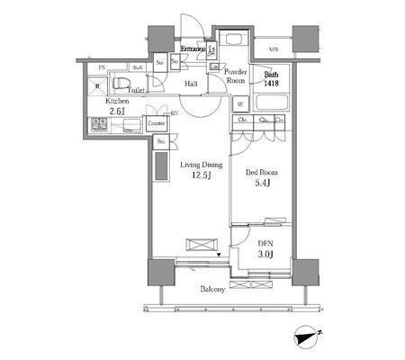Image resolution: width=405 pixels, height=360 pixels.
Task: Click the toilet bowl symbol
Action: click(x=123, y=83)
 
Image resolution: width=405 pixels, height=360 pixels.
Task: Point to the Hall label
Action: click(x=191, y=85)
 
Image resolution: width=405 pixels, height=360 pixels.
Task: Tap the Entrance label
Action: click(x=195, y=49)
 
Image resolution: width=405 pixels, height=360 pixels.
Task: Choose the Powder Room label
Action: click(x=236, y=75)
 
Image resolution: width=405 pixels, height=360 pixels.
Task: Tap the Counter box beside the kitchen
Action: click(x=155, y=122)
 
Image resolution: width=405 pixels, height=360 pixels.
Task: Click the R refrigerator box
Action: click(x=99, y=86)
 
